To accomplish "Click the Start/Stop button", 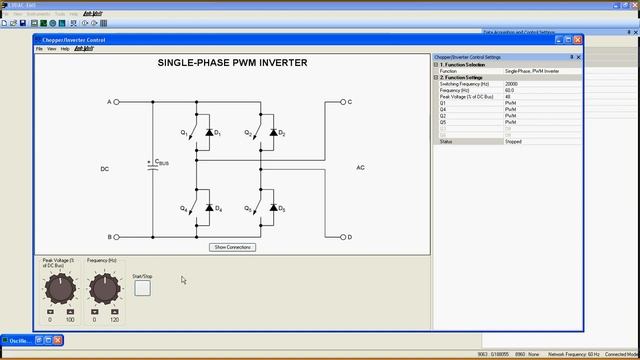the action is (142, 288).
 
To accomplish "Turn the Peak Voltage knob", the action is (60, 289).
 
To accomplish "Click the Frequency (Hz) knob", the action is (104, 289).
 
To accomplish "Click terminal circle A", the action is (117, 102).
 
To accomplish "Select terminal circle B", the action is (117, 237).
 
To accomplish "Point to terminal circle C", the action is (342, 102).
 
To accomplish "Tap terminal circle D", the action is (342, 237).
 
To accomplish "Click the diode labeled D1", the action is (209, 132).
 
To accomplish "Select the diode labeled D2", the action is (273, 132).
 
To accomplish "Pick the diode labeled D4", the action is (209, 207).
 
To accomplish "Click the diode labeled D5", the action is (273, 207).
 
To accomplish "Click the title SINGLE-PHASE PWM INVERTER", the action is (232, 63).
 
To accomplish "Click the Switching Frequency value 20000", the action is (512, 84).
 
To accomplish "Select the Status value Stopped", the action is (514, 142).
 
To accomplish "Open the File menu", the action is (40, 48).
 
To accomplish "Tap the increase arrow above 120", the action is (115, 312).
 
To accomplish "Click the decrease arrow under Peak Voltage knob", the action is (50, 312).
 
